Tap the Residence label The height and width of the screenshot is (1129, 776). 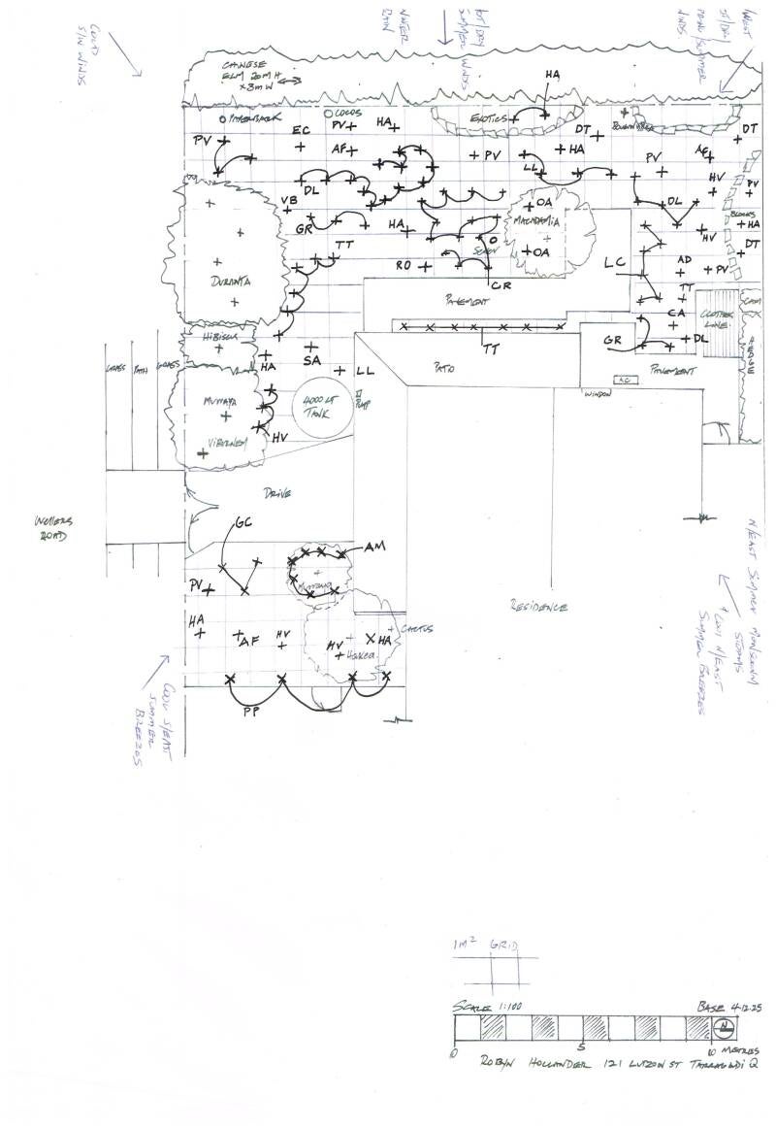pyautogui.click(x=538, y=607)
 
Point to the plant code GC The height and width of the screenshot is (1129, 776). pyautogui.click(x=243, y=523)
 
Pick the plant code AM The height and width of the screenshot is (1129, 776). pyautogui.click(x=374, y=548)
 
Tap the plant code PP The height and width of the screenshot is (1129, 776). pyautogui.click(x=252, y=711)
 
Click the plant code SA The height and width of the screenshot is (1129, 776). pyautogui.click(x=311, y=359)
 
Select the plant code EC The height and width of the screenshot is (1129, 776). pyautogui.click(x=302, y=129)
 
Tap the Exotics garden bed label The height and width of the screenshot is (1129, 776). pyautogui.click(x=482, y=117)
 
